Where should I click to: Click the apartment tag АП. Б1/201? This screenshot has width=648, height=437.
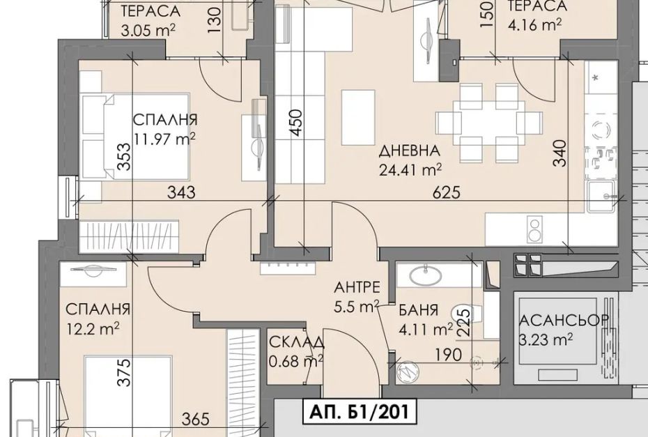point(358,412)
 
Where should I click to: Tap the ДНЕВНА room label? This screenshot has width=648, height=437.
point(410,151)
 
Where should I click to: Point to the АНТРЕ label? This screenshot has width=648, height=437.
point(357,287)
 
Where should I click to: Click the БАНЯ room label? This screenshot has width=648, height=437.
point(418,310)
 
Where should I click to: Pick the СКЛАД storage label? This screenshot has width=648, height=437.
point(296,342)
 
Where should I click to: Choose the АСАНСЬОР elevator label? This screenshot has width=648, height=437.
point(564,320)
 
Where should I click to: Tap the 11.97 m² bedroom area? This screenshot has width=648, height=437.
point(164,139)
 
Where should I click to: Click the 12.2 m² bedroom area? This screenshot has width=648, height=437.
point(93,329)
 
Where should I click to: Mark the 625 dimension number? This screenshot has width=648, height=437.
point(447,192)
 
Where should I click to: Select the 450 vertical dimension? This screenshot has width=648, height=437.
point(296,123)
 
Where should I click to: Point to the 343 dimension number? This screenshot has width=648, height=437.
point(181,192)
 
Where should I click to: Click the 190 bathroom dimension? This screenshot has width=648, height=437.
point(449,355)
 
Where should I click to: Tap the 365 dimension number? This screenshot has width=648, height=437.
point(196,420)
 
